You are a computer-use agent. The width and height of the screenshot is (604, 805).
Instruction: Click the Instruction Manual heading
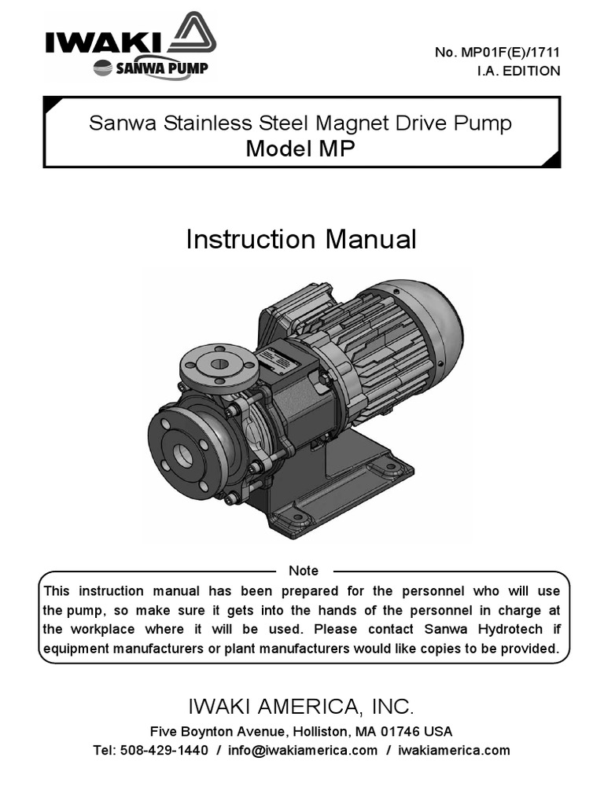click(x=301, y=240)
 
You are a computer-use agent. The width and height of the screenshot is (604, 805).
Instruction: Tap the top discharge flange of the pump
click(x=219, y=364)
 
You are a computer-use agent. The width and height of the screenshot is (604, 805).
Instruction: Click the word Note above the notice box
click(x=304, y=571)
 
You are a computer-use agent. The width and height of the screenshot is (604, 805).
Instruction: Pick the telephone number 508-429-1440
click(x=164, y=750)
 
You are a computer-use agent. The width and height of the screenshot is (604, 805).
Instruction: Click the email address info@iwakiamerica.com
click(x=303, y=750)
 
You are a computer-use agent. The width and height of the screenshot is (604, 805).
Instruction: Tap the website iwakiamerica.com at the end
click(x=454, y=750)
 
